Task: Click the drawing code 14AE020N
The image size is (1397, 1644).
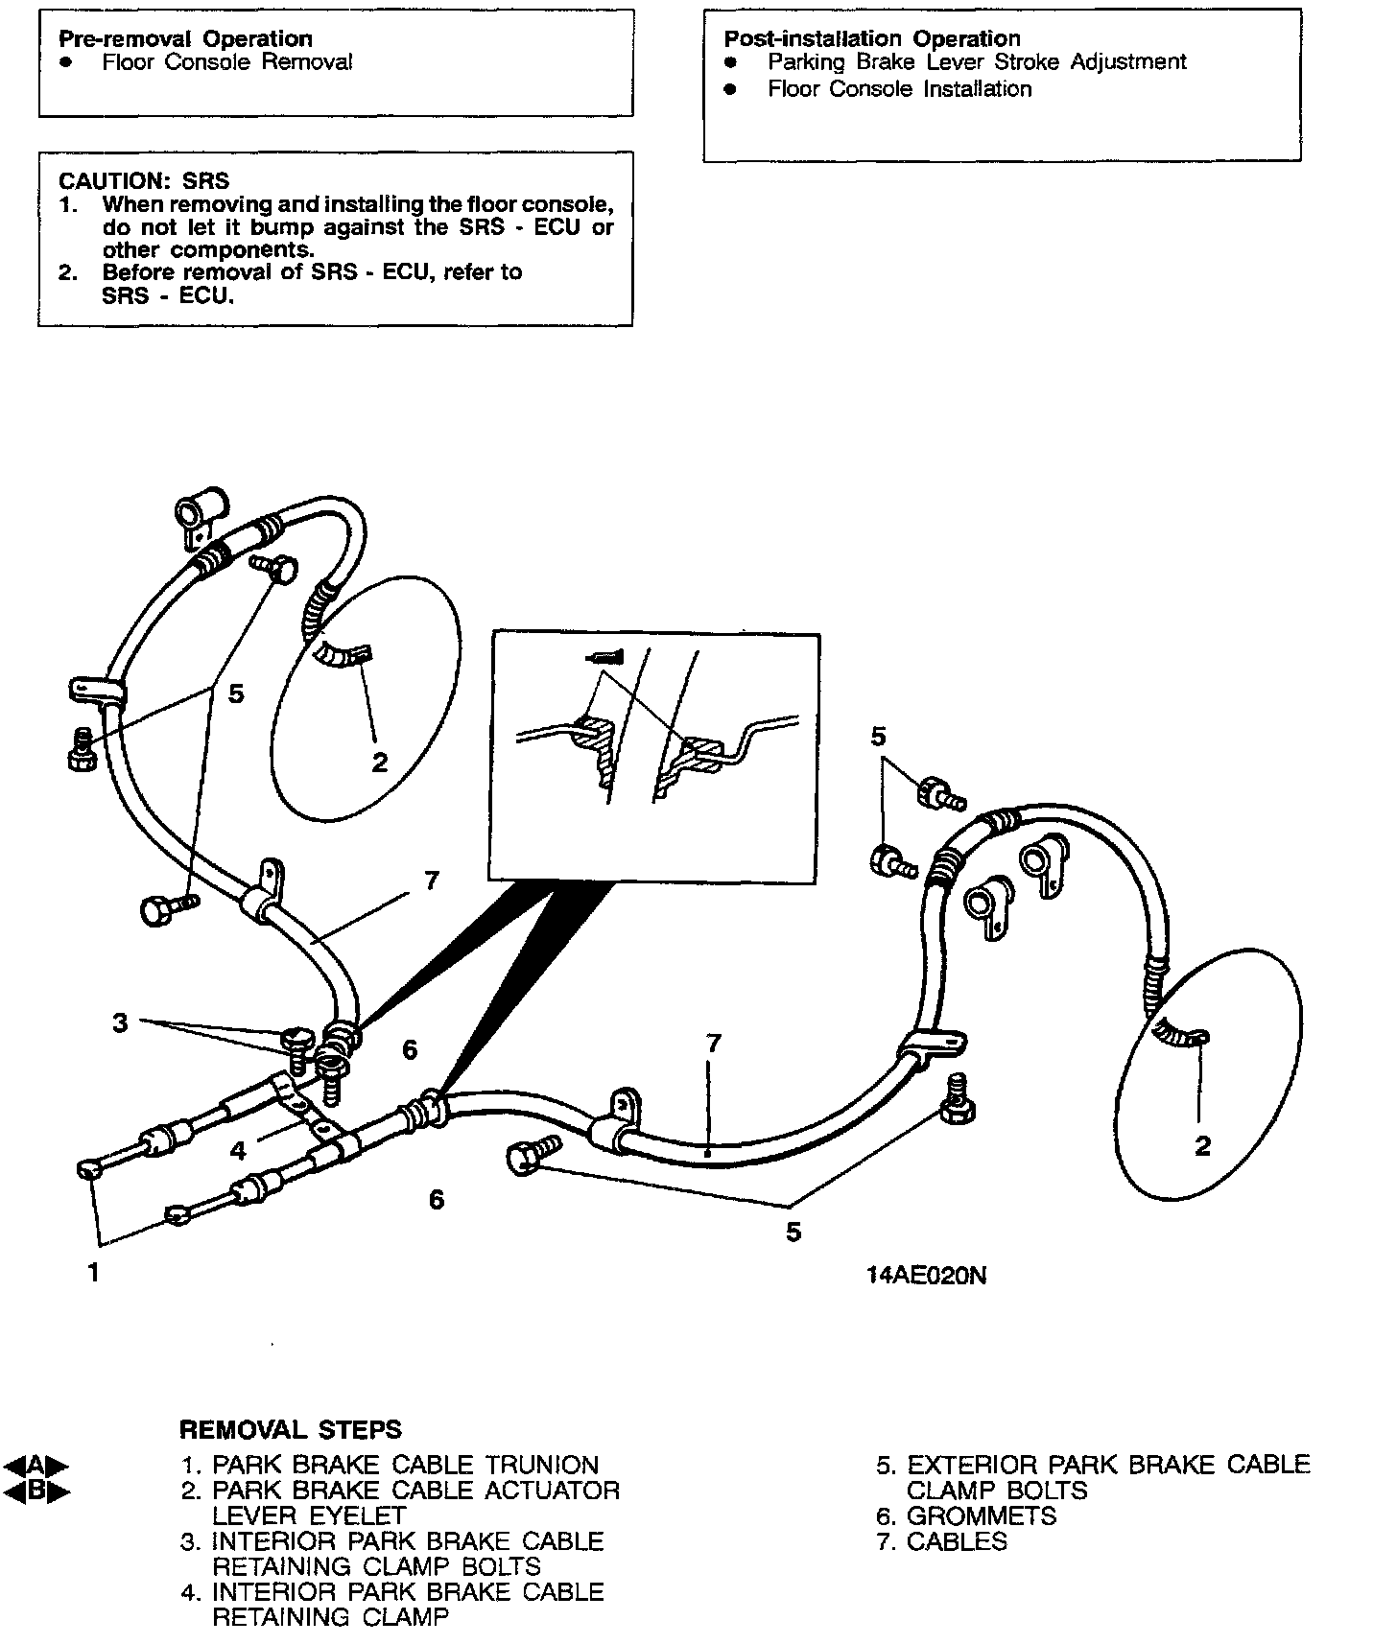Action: (926, 1275)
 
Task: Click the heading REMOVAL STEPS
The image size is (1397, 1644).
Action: (291, 1429)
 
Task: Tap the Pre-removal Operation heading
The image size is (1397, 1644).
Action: (185, 38)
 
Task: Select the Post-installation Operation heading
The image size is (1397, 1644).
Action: (871, 38)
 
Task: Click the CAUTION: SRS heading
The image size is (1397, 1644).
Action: (144, 180)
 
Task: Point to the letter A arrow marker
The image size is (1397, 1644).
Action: (36, 1466)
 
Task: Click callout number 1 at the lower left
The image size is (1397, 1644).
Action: (93, 1273)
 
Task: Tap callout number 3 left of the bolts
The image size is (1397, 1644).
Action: (120, 1022)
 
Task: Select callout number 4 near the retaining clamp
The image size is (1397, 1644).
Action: (238, 1149)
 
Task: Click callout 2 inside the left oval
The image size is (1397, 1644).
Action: (380, 763)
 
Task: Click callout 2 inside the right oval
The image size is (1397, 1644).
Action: (1202, 1145)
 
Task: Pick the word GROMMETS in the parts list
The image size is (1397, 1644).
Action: (981, 1516)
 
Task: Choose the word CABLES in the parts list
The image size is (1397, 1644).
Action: (957, 1542)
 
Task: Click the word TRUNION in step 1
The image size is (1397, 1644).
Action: (542, 1466)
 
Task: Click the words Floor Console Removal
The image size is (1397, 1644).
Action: (227, 62)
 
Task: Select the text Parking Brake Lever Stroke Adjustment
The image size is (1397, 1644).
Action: (977, 62)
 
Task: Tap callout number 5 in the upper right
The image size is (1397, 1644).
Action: (878, 737)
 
